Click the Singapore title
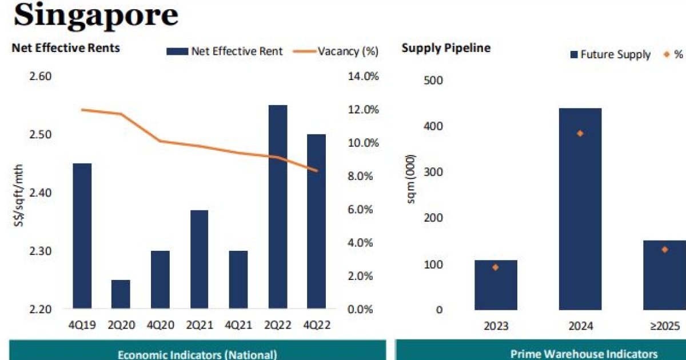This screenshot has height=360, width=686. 95,15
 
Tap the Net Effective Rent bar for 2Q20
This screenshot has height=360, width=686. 121,294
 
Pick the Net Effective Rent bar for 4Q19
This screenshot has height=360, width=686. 82,236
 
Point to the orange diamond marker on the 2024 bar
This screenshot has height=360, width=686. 580,133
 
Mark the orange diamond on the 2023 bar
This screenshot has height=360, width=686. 496,267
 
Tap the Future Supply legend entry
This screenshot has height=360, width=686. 610,54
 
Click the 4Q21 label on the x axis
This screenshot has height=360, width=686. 238,325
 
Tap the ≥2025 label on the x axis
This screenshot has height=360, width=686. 665,326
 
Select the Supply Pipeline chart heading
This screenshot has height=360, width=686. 446,48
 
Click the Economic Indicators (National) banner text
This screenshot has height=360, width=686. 197,354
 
